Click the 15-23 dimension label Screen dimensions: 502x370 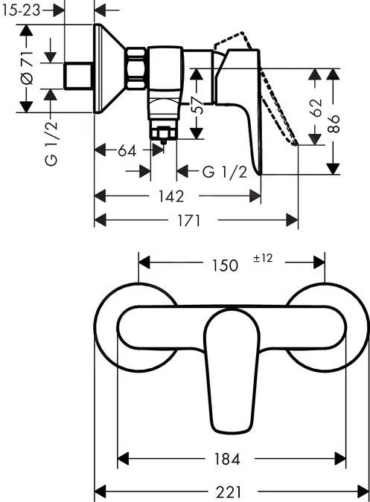point(22,10)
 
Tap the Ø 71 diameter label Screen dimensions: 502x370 point(27,69)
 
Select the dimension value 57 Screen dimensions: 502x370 point(196,105)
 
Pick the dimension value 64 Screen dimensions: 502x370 point(127,150)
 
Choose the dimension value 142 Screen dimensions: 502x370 point(171,196)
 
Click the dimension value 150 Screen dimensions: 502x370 point(224,265)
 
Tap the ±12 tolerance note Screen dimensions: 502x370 point(264,259)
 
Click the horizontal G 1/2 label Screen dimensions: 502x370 point(224,172)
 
